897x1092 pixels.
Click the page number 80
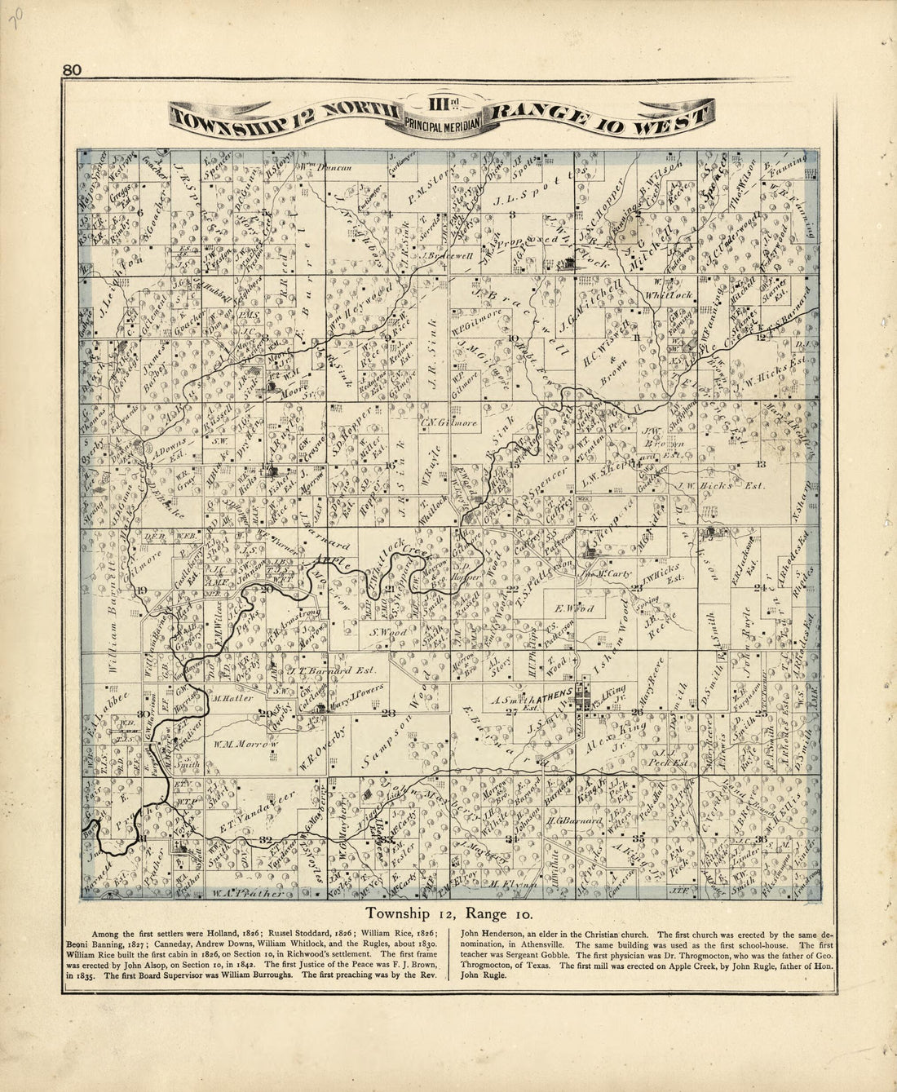[x=72, y=71]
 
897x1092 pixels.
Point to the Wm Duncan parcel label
[x=326, y=168]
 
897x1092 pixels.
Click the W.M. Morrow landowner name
[x=247, y=744]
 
